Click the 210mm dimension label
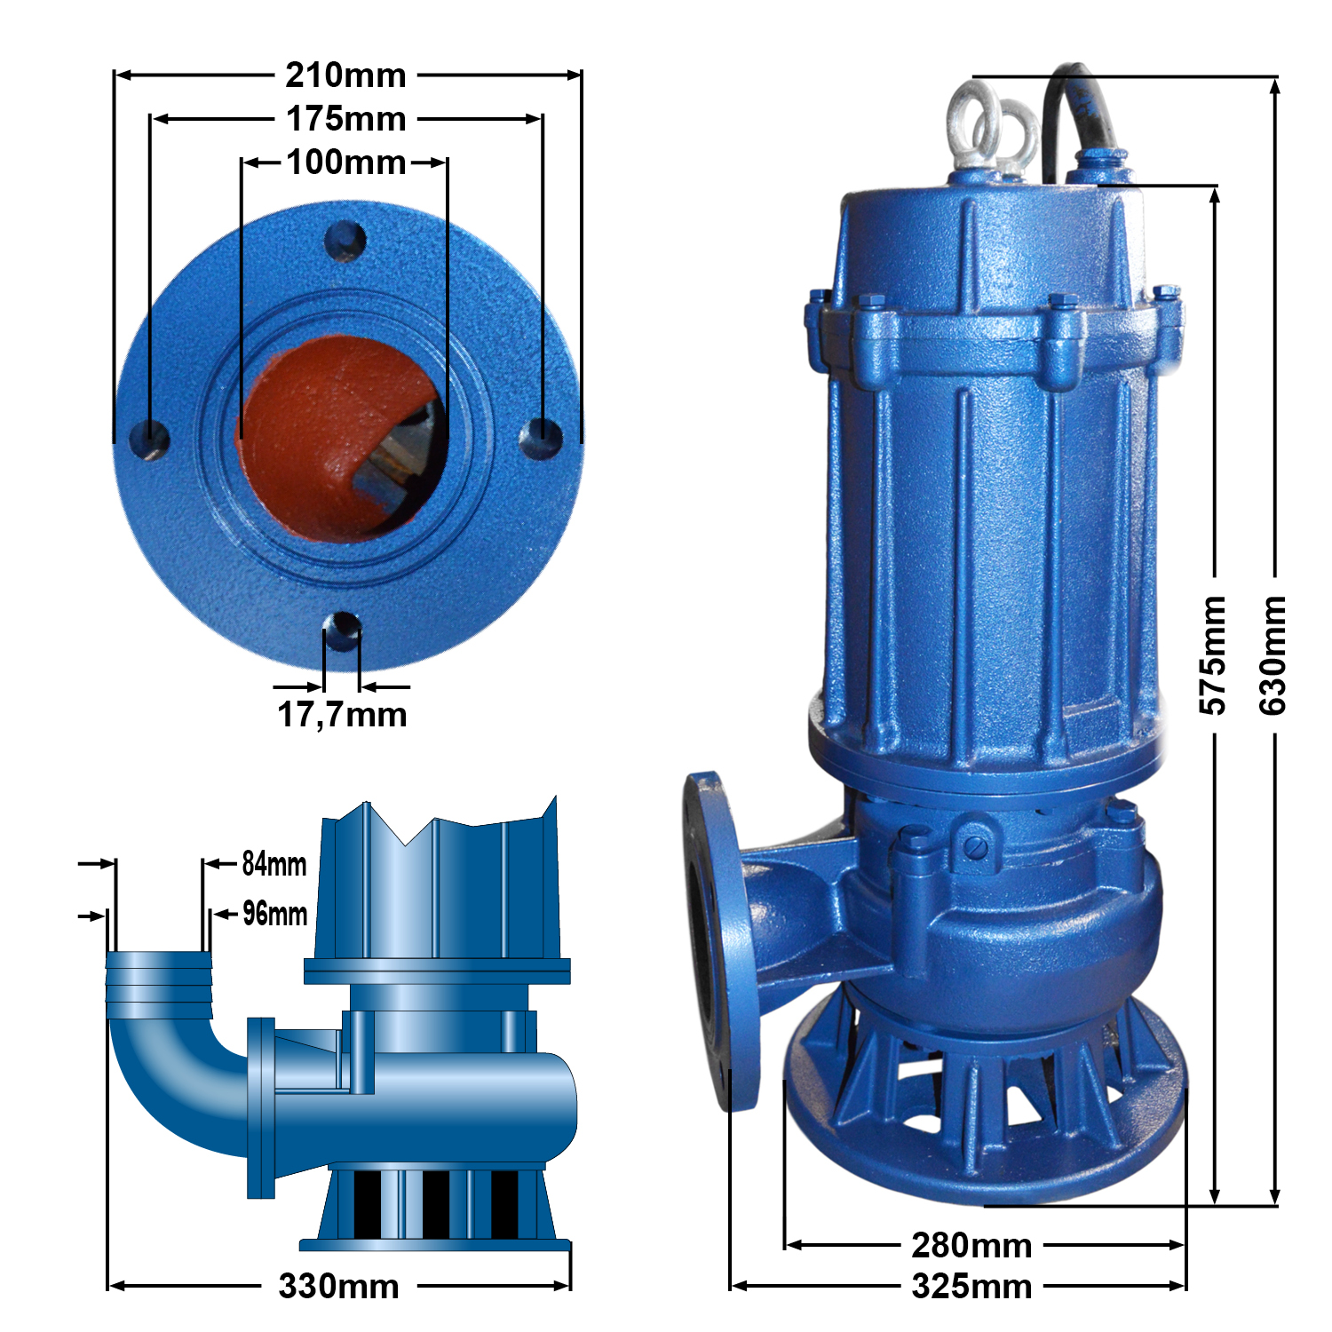345,75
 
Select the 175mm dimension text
345,119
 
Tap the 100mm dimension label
346,163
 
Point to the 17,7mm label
342,714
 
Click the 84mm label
274,863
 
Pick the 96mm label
275,913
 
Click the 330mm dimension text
338,1286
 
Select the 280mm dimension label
971,1246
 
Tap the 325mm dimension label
971,1287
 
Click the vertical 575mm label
1213,655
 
